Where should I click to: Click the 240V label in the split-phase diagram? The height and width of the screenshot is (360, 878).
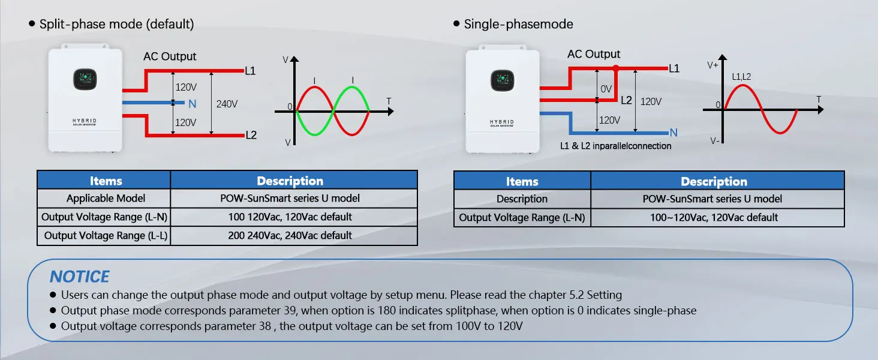coord(227,104)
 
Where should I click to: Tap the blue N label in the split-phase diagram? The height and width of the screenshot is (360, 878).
coord(192,104)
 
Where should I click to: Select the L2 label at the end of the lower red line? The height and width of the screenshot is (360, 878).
coord(251,135)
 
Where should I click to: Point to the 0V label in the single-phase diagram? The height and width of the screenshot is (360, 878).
coord(606,89)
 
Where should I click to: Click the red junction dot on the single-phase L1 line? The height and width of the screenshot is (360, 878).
coord(615,68)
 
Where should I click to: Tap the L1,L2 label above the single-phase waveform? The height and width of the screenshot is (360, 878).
coord(741,77)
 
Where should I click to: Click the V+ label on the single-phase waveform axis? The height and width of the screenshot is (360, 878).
coord(712,65)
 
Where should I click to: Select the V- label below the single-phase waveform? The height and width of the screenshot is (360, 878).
coord(714,140)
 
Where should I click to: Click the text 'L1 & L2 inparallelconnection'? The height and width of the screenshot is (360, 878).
coord(615,146)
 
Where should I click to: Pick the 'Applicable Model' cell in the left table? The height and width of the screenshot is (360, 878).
coord(106,198)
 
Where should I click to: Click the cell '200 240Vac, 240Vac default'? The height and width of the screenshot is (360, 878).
coord(290,235)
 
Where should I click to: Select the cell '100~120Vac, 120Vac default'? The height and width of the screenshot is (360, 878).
coord(714,217)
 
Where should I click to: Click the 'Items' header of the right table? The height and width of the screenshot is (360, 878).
coord(522,181)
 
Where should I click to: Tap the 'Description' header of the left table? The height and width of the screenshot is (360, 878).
coord(290,181)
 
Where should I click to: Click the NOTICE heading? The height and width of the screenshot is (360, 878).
coord(79,277)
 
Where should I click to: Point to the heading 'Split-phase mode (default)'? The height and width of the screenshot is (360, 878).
coord(116,24)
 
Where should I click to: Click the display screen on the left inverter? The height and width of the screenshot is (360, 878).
coord(85,79)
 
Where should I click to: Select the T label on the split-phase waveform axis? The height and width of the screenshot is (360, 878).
coord(389,101)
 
